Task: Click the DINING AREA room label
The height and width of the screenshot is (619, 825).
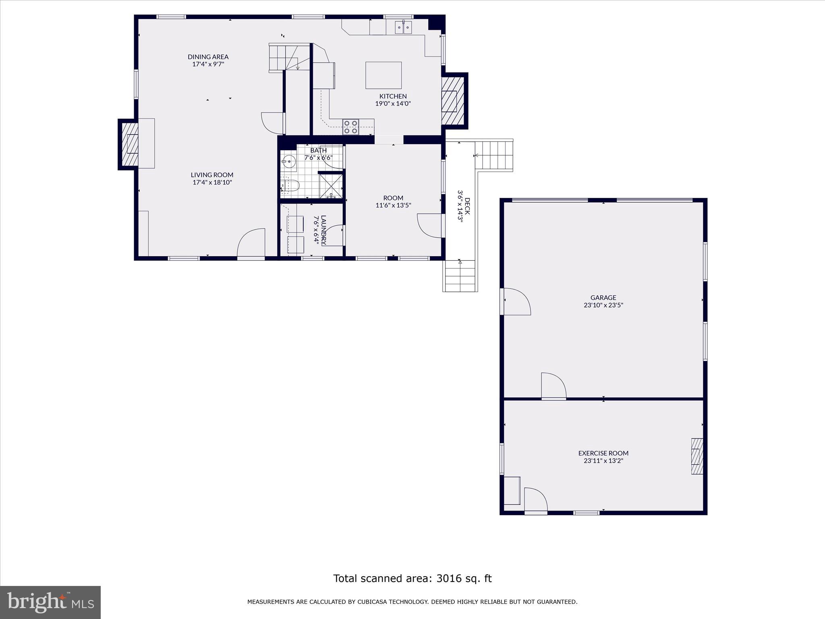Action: pos(208,57)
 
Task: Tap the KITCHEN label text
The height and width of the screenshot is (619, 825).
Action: pos(393,96)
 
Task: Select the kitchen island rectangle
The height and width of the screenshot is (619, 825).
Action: pos(383,75)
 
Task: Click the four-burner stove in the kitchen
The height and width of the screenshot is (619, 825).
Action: pos(350,127)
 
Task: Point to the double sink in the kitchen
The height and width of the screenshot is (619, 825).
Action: pos(403,27)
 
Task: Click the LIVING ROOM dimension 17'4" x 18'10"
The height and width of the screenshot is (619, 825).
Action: pos(212,183)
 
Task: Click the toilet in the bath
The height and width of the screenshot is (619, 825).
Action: pos(290,186)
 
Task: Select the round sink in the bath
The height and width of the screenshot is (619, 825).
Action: pos(288,162)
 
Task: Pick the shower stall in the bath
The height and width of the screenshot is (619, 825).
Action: pos(331,186)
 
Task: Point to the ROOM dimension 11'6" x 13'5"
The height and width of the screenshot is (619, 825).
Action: pos(393,206)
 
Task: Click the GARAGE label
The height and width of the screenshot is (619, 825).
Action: pos(603,298)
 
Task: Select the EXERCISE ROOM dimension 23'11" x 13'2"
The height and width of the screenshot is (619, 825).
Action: pos(603,461)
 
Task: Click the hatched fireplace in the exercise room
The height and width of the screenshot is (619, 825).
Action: pos(697,456)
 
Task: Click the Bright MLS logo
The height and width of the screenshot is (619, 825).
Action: pos(50,602)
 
